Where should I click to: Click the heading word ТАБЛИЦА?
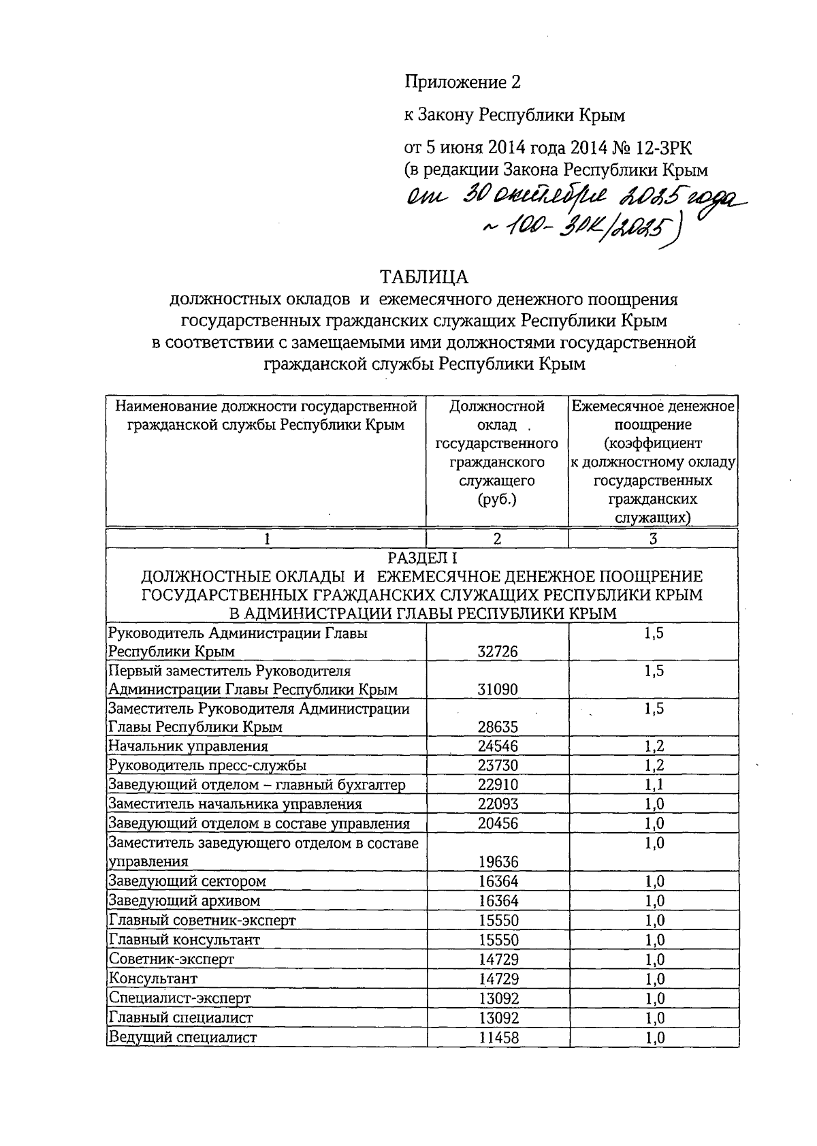(424, 277)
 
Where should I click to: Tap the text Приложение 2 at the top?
(463, 82)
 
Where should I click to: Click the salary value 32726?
(498, 652)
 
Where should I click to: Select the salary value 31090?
(498, 689)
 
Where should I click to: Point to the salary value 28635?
(498, 727)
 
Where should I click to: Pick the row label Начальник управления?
(189, 746)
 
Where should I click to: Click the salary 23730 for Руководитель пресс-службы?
(498, 765)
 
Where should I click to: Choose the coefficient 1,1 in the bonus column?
(654, 784)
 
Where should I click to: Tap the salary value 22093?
(498, 804)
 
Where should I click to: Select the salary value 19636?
(498, 862)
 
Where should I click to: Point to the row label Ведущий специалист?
(182, 1038)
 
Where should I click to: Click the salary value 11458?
(498, 1038)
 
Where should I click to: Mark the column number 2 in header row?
(498, 539)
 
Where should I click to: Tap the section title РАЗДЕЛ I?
(422, 558)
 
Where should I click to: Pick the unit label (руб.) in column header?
(498, 500)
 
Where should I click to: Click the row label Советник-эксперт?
(172, 959)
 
